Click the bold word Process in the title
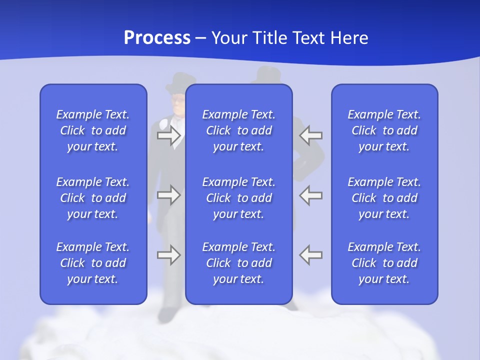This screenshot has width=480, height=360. tap(157, 38)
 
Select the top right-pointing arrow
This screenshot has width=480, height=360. tap(168, 135)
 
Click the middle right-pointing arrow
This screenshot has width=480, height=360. tap(168, 195)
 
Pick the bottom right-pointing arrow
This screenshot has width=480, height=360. tap(168, 254)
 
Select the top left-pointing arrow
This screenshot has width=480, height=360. tap(311, 135)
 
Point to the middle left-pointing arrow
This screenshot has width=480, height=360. tap(311, 195)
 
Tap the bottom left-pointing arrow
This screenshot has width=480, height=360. tap(311, 254)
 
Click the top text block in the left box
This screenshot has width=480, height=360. tap(93, 130)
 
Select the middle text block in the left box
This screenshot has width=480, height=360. tap(93, 198)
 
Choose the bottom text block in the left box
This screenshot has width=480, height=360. tap(93, 263)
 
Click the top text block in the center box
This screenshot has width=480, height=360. tap(238, 130)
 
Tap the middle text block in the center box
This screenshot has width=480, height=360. tap(238, 198)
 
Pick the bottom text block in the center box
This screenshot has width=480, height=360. tap(238, 263)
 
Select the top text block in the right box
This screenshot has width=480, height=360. tap(384, 130)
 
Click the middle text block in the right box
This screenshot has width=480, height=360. tap(384, 198)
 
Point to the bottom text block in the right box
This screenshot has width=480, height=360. tap(384, 263)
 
